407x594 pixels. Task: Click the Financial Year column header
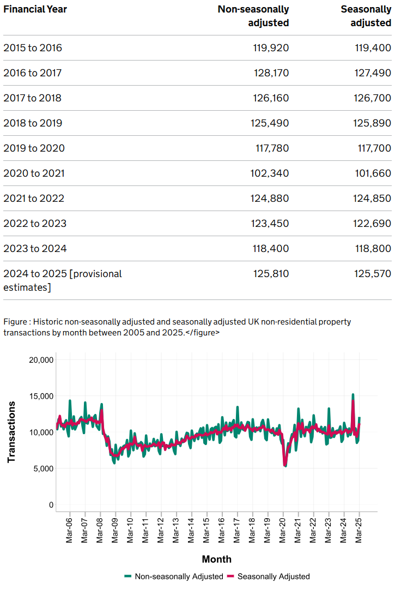pyautogui.click(x=35, y=9)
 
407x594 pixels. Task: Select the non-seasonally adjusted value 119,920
pyautogui.click(x=271, y=48)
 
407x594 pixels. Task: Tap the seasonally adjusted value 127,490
pyautogui.click(x=373, y=73)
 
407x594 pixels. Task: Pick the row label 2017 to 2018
pyautogui.click(x=33, y=98)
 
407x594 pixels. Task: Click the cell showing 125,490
pyautogui.click(x=270, y=123)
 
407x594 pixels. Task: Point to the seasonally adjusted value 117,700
pyautogui.click(x=374, y=148)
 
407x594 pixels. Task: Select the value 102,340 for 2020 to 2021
pyautogui.click(x=270, y=173)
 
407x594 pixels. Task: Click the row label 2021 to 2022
pyautogui.click(x=34, y=198)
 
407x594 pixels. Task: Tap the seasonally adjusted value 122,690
pyautogui.click(x=372, y=224)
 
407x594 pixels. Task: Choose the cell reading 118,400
pyautogui.click(x=271, y=249)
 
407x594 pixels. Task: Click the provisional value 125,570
pyautogui.click(x=373, y=273)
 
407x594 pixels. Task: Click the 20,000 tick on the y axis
pyautogui.click(x=41, y=360)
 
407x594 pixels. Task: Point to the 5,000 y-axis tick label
pyautogui.click(x=43, y=469)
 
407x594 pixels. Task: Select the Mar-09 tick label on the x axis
pyautogui.click(x=114, y=530)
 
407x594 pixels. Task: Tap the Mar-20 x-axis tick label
pyautogui.click(x=282, y=530)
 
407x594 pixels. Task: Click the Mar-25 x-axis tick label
pyautogui.click(x=358, y=530)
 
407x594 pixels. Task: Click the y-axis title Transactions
pyautogui.click(x=11, y=432)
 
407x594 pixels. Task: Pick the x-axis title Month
pyautogui.click(x=217, y=559)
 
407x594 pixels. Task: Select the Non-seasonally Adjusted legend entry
pyautogui.click(x=174, y=577)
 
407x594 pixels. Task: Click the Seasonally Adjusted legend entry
pyautogui.click(x=269, y=577)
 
